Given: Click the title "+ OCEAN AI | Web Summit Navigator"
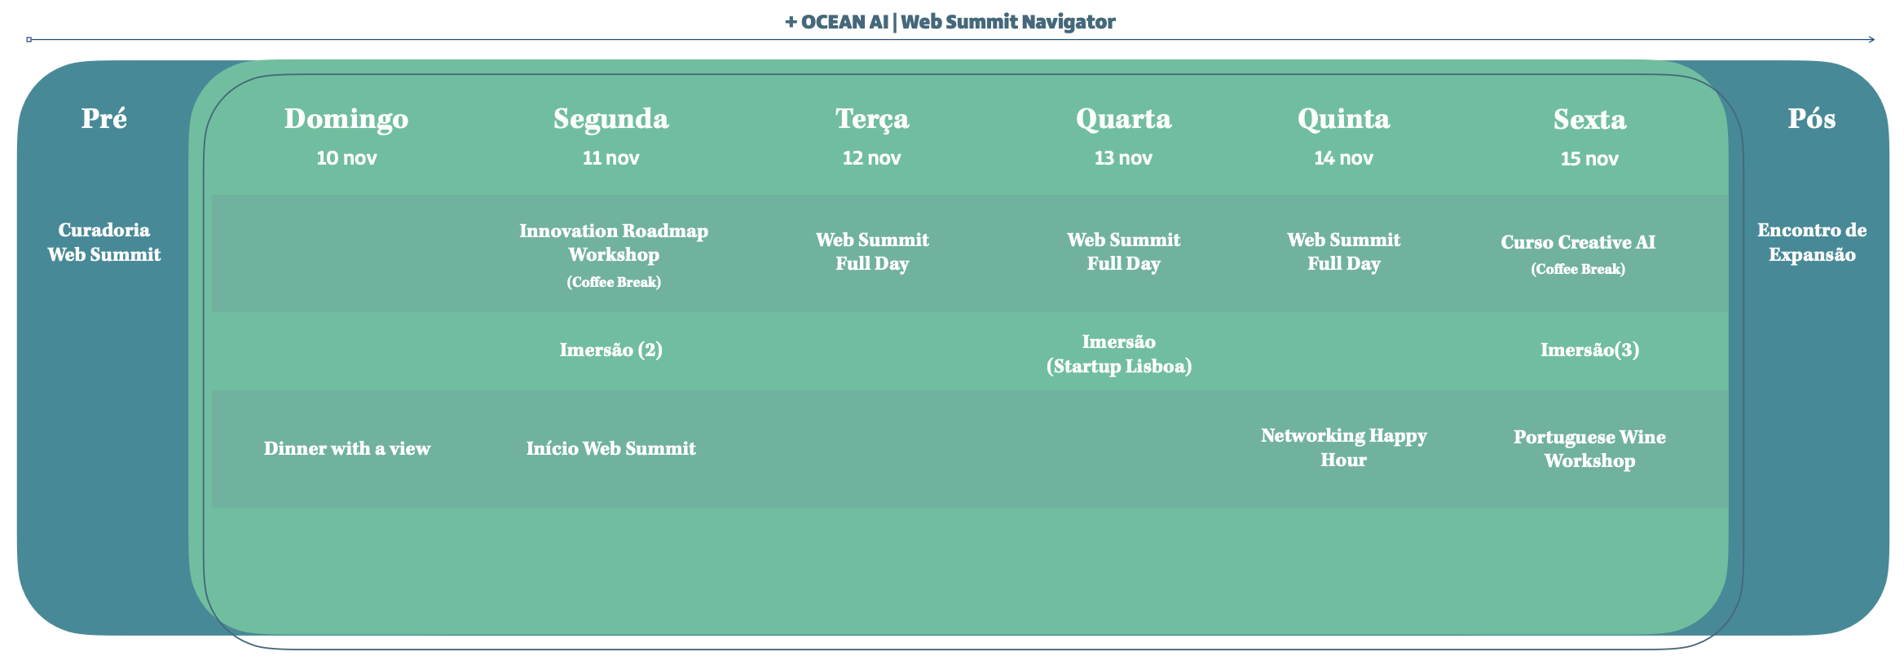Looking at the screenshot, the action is coord(950,22).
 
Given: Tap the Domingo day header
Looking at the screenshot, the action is coord(346,119).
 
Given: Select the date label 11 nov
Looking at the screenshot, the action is coord(610,158).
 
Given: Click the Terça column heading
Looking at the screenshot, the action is coord(872,120).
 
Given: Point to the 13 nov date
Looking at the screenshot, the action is coord(1123,158).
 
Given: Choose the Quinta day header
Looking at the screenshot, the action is coord(1343,119).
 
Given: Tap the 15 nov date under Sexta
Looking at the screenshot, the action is coord(1589,159).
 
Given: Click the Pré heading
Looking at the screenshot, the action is coord(104,119).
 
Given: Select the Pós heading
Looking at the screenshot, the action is coord(1812,119).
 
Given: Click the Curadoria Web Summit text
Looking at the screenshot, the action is coord(104,242).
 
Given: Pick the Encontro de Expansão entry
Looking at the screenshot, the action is coord(1812,242).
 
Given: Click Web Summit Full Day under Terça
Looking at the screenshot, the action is coord(872,252).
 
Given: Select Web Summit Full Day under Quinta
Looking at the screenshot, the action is coord(1343,252).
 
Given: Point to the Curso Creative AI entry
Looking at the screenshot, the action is coord(1578,242).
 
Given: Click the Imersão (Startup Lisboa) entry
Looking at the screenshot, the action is coord(1119,354).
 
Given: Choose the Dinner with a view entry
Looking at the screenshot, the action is coord(346,449).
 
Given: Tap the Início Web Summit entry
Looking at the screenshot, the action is coord(610,448).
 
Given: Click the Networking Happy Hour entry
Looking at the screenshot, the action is coord(1343,447).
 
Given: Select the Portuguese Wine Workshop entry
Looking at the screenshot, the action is coord(1589,449).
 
